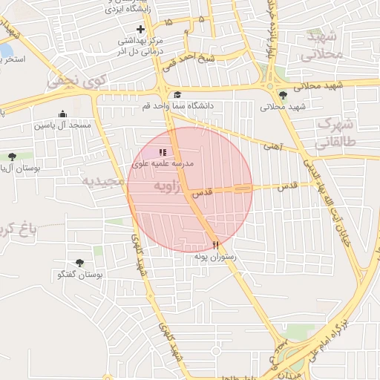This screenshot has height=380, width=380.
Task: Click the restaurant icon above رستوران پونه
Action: click(x=215, y=245)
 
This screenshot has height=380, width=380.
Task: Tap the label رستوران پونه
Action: click(x=215, y=256)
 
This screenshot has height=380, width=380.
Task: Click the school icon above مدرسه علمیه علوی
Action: click(x=163, y=152)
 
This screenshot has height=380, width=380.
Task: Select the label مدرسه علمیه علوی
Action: click(x=163, y=163)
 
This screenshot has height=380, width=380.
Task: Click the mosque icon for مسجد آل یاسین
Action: click(x=62, y=114)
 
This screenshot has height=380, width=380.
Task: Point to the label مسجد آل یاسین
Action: click(x=62, y=125)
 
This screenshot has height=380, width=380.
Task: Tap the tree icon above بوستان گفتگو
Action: click(x=79, y=263)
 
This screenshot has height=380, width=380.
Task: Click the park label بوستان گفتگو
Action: click(x=79, y=275)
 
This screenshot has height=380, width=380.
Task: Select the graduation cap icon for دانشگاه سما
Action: click(x=178, y=95)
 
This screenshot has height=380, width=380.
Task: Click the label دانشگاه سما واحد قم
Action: click(x=178, y=106)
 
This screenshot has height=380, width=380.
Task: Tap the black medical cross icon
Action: click(x=140, y=29)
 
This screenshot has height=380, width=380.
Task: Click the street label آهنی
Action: click(x=272, y=147)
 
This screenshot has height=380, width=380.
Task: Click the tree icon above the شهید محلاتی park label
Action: click(x=283, y=95)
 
